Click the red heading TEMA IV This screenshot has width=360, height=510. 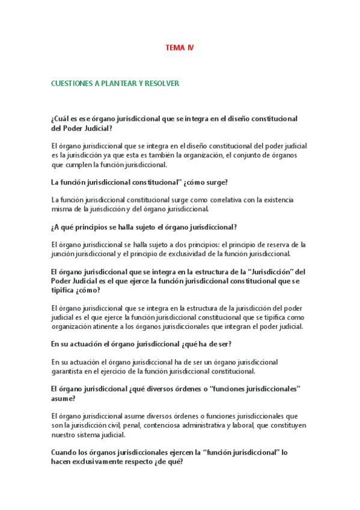180,48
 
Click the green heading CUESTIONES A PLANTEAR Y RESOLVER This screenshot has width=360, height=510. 115,84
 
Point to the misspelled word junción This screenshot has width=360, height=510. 64,254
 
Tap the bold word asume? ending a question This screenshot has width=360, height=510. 63,398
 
